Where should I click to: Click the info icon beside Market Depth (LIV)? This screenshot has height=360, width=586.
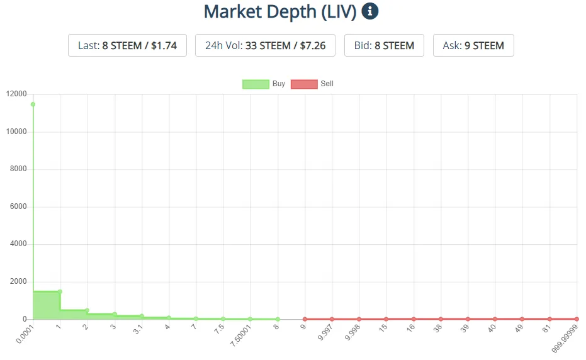(x=370, y=11)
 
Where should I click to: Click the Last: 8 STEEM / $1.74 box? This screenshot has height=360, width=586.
(x=127, y=45)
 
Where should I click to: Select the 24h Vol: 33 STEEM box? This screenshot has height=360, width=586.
(x=265, y=45)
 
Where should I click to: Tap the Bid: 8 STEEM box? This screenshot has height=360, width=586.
(x=384, y=45)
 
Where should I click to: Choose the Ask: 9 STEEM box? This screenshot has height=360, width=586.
(x=473, y=45)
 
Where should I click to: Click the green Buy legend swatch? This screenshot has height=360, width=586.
(x=256, y=84)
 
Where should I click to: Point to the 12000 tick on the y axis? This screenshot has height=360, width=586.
(x=16, y=94)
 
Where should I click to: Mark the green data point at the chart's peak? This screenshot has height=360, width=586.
(x=33, y=104)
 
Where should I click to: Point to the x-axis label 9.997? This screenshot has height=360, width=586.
(x=326, y=330)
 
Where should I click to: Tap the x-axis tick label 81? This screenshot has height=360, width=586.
(x=546, y=327)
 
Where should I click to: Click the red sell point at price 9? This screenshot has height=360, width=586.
(x=305, y=319)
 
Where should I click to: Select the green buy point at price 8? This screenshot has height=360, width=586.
(x=278, y=319)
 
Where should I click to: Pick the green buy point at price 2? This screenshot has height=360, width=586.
(x=87, y=310)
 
